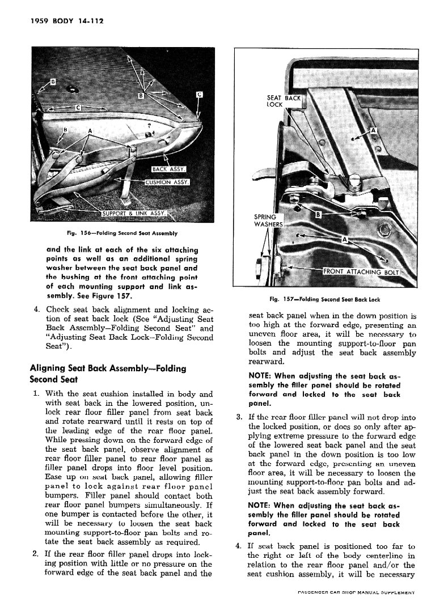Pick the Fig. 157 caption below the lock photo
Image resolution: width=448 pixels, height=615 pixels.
(x=325, y=299)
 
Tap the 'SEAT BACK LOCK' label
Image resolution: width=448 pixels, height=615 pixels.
(x=283, y=101)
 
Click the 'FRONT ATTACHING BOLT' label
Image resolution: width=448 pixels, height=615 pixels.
(x=361, y=272)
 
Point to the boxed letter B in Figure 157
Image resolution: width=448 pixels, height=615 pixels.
(x=318, y=215)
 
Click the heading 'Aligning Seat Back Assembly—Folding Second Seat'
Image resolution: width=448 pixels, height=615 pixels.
(x=108, y=374)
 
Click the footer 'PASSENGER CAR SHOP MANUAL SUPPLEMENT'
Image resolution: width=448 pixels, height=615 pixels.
(x=357, y=592)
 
